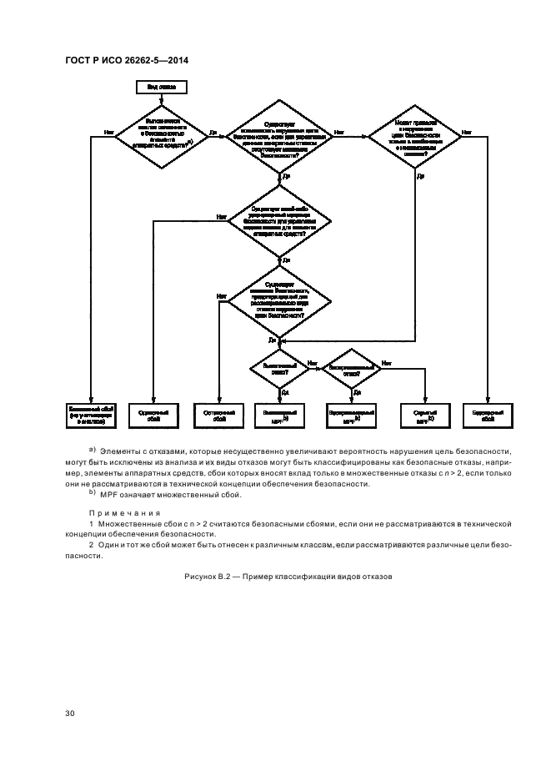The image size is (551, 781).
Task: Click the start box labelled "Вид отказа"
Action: click(161, 86)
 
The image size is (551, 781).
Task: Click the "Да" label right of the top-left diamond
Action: click(213, 133)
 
